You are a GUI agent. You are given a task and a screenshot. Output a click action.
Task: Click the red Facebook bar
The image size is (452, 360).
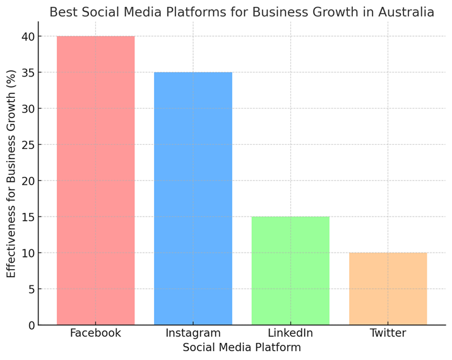pyautogui.click(x=95, y=180)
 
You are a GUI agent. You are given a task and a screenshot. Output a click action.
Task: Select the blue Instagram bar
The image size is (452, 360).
pyautogui.click(x=193, y=198)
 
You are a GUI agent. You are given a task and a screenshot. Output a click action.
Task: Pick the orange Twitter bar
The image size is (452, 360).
pyautogui.click(x=388, y=289)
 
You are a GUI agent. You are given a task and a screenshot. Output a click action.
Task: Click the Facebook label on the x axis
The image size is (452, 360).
pyautogui.click(x=95, y=333)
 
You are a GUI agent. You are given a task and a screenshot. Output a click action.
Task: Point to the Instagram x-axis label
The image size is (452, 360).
pyautogui.click(x=193, y=333)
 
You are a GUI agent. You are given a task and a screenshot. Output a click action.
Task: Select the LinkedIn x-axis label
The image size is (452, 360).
pyautogui.click(x=290, y=333)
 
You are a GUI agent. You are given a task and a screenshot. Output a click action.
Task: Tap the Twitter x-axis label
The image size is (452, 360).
pyautogui.click(x=388, y=333)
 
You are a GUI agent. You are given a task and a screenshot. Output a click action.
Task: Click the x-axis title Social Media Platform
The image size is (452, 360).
pyautogui.click(x=242, y=348)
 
